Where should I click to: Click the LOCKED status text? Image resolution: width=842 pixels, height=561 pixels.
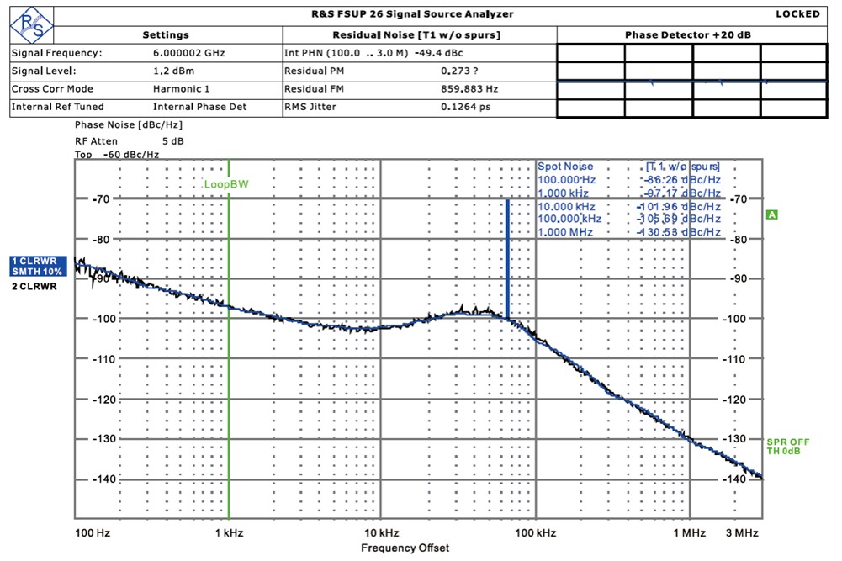[x=797, y=14]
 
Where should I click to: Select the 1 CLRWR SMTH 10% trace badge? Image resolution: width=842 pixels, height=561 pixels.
[x=37, y=266]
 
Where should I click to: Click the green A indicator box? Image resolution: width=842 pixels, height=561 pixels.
[x=772, y=215]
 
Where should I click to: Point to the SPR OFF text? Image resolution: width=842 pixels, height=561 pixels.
[x=787, y=442]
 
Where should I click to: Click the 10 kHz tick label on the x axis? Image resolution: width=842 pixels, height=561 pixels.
[x=381, y=533]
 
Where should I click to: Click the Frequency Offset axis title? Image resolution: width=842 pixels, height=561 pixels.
[x=405, y=548]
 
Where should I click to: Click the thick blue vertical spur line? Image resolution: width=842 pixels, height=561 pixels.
[x=507, y=257]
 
